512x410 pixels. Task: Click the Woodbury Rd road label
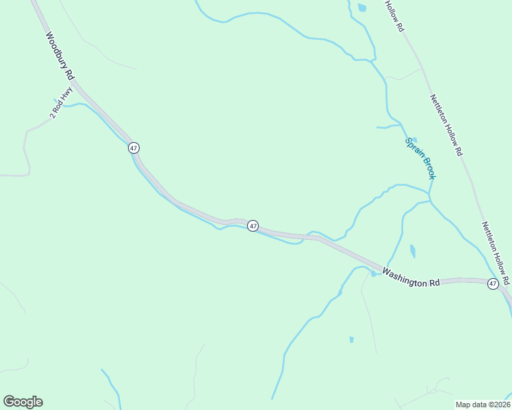(x=60, y=57)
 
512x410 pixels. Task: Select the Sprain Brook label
(x=420, y=159)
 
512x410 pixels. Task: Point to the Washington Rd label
(x=411, y=277)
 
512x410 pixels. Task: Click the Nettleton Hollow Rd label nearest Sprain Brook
(x=446, y=125)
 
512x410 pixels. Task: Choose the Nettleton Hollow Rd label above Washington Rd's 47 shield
(x=496, y=252)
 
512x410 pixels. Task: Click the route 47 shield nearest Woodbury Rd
(x=133, y=148)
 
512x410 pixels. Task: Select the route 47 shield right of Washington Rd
(x=493, y=284)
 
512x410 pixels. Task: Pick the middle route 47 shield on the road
(x=253, y=225)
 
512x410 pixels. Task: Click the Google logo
(x=23, y=402)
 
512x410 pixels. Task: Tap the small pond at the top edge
(x=361, y=8)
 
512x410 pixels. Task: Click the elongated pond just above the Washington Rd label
(x=412, y=251)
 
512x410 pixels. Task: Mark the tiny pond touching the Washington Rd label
(x=374, y=274)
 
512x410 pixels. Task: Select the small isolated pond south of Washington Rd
(x=351, y=339)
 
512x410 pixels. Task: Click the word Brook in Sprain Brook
(x=427, y=167)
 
